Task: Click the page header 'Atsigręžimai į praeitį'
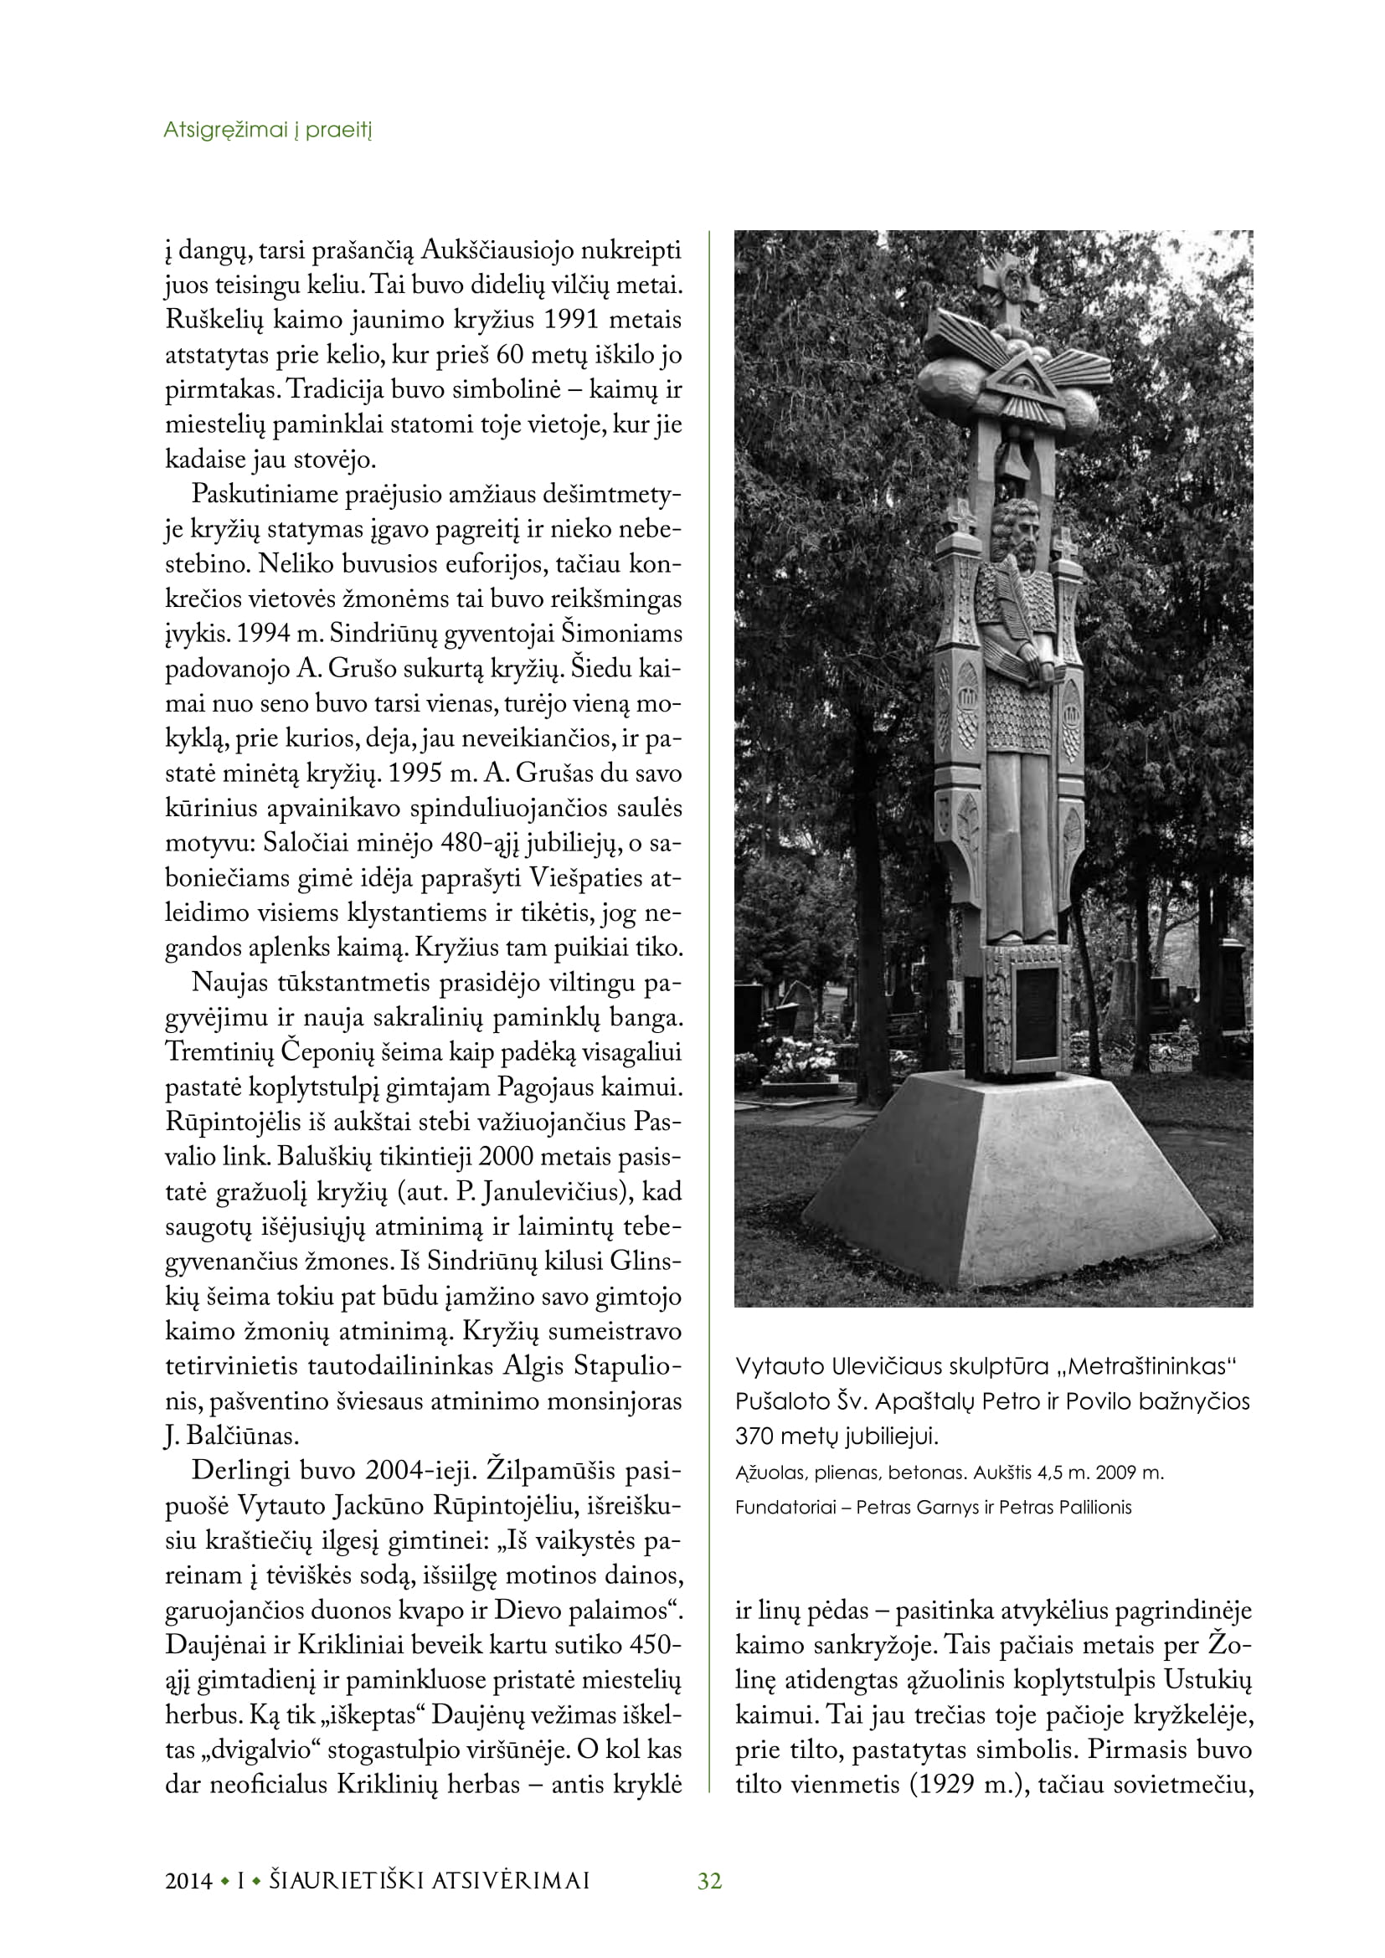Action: (268, 131)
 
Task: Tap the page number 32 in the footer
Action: (709, 1881)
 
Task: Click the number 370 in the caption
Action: (754, 1436)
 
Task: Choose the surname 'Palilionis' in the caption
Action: (1095, 1507)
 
